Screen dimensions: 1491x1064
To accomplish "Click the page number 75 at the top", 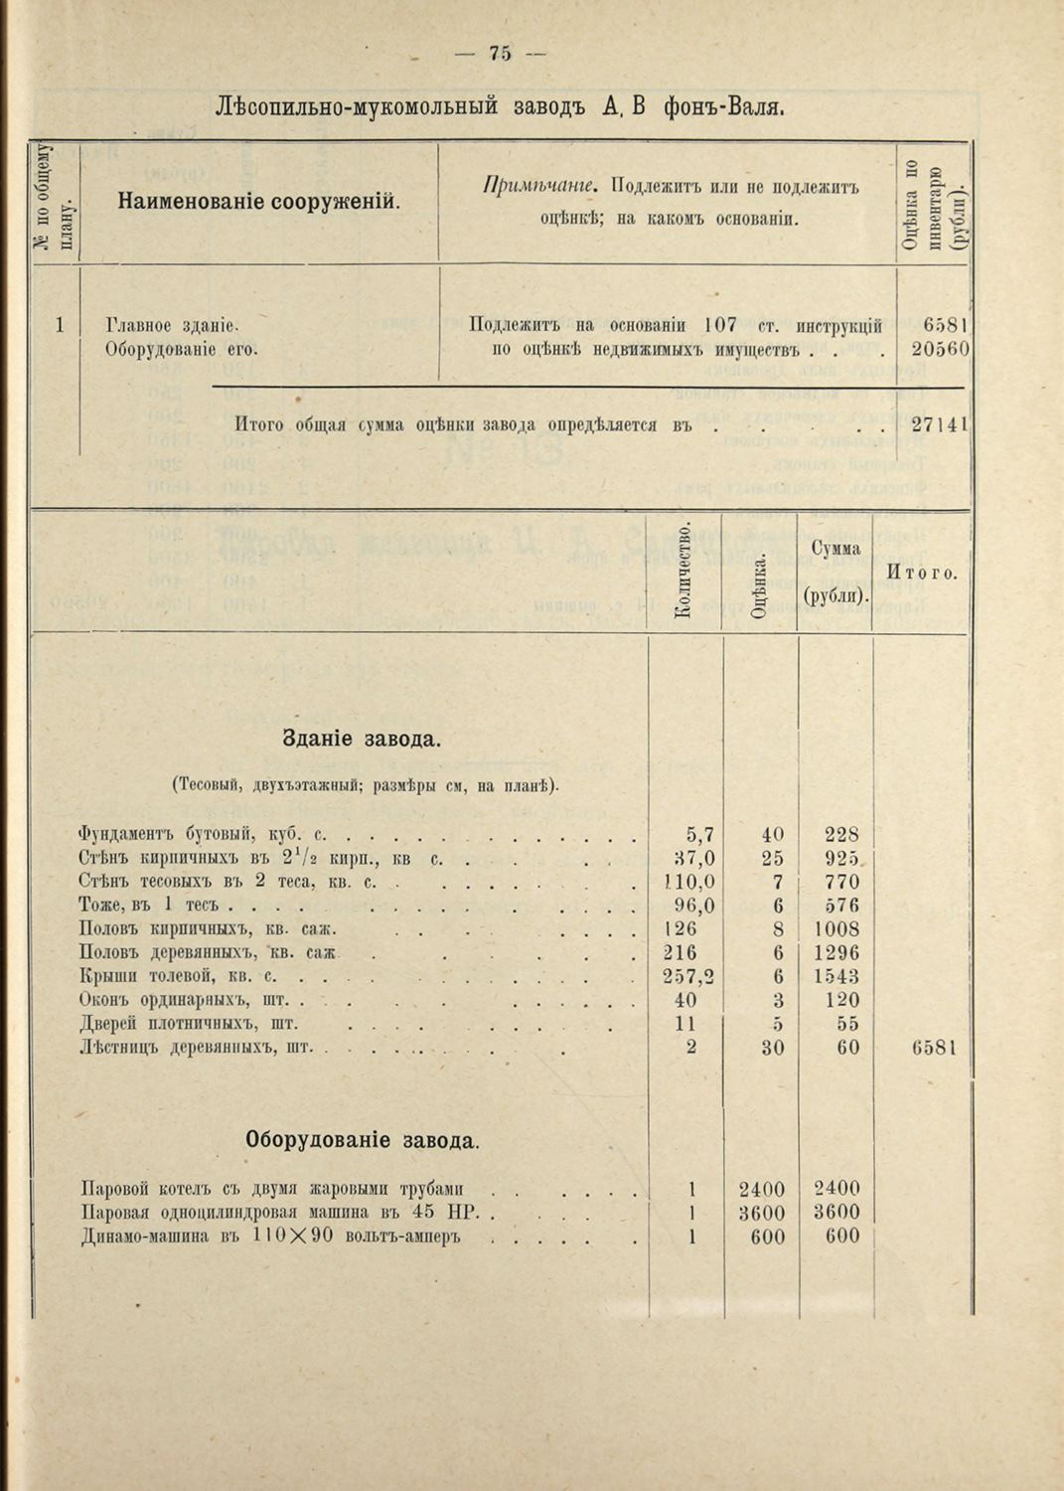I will (x=500, y=55).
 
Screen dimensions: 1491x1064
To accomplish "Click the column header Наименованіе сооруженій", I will (x=259, y=203).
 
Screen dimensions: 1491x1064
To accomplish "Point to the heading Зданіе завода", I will (x=363, y=741).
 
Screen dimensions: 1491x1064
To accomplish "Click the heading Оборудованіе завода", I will (x=363, y=1141).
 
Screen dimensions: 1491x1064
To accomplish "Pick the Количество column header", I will (x=683, y=572).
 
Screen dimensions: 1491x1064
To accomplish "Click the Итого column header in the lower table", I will (x=922, y=574).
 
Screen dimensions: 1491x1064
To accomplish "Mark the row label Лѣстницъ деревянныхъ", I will (x=195, y=1048).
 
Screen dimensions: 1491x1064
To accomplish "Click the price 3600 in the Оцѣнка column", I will (x=762, y=1213).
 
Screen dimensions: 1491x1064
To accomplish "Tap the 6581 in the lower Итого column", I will (x=934, y=1048).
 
